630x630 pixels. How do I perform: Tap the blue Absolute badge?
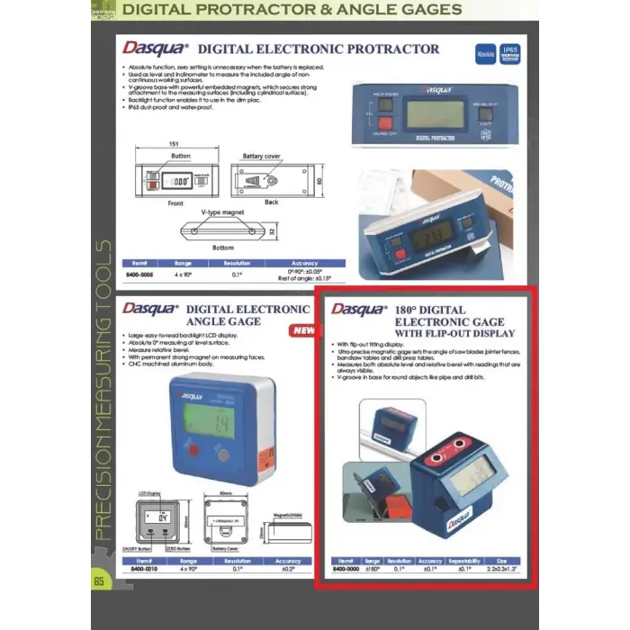(x=485, y=55)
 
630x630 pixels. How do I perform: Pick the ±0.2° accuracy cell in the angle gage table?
(x=288, y=569)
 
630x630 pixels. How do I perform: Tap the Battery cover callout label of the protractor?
(x=261, y=156)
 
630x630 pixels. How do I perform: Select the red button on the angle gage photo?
(x=191, y=449)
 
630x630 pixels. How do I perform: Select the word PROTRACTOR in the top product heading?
(x=396, y=49)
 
